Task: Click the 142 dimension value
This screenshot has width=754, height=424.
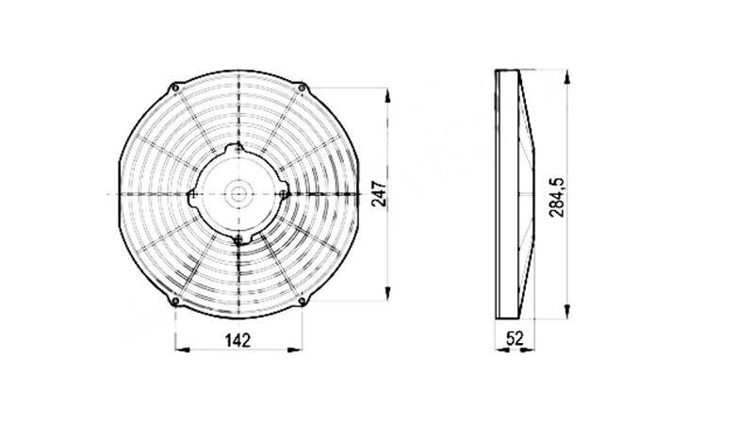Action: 238,340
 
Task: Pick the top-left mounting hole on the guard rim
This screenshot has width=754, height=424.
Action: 175,89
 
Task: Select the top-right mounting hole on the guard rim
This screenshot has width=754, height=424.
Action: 301,89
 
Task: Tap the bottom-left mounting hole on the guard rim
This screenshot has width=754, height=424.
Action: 175,302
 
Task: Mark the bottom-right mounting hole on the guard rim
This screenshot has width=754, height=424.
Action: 301,302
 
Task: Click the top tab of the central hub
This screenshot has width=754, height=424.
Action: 238,150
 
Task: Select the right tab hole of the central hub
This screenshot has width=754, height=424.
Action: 283,192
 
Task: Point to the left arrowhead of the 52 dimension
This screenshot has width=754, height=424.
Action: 500,351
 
